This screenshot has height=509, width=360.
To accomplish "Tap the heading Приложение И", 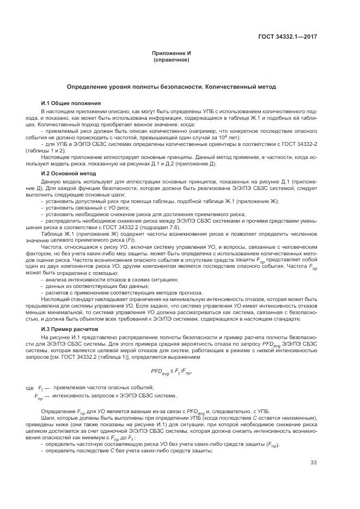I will (171, 54).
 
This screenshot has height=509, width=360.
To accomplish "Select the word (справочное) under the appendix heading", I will (171, 60).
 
